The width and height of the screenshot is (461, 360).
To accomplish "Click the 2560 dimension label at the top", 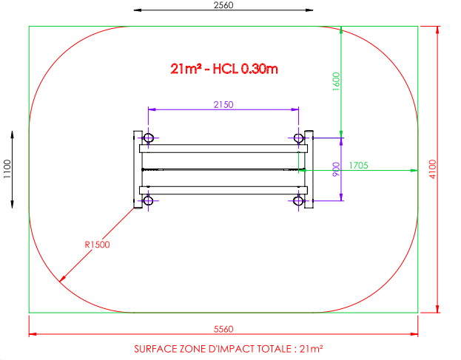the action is (223, 5).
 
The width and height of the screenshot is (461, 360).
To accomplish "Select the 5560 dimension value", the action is (223, 329).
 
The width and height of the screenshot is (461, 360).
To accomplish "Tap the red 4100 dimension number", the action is (433, 169).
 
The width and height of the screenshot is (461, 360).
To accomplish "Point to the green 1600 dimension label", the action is (336, 81).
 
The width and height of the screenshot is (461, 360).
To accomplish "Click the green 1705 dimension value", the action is (358, 166).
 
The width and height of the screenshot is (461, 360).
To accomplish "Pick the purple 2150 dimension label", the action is (223, 105).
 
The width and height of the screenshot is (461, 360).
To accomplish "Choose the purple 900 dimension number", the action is (336, 169).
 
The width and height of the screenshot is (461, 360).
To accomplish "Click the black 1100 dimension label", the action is (7, 169).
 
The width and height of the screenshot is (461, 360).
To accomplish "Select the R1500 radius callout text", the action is (97, 245).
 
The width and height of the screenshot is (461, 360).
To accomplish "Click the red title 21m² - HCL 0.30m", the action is (224, 69).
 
